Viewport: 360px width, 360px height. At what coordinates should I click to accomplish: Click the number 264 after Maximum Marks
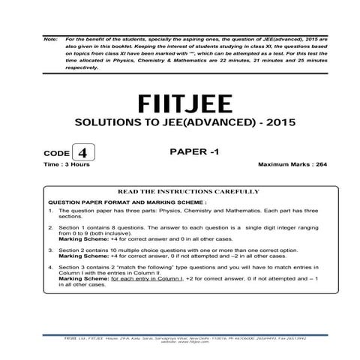(307, 163)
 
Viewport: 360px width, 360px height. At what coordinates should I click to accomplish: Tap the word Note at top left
(50, 37)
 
